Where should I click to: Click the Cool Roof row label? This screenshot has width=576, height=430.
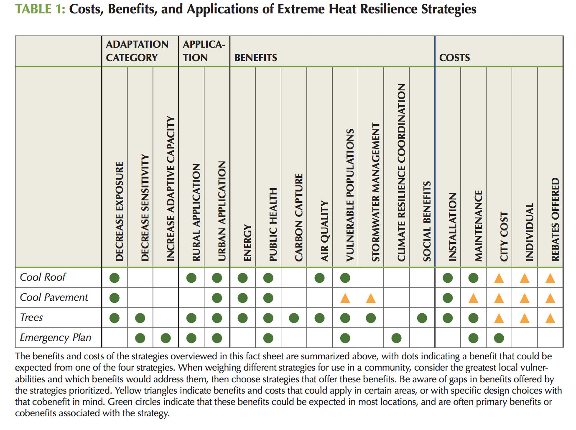pos(43,277)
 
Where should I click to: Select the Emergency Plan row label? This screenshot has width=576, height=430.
pos(55,338)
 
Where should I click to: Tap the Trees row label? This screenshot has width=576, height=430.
pos(31,317)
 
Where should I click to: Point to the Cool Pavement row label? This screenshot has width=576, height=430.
pos(54,297)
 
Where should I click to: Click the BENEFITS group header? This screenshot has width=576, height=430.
pos(255,57)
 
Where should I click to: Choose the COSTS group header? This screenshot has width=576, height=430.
pos(454,57)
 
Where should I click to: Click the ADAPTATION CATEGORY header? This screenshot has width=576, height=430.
pos(137,51)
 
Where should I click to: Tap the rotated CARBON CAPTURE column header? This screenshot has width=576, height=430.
pos(298,218)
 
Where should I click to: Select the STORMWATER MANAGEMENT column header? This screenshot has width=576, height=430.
pos(376,192)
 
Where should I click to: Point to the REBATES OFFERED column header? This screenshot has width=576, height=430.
pos(555,220)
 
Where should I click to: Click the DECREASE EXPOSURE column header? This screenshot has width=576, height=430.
pos(120,212)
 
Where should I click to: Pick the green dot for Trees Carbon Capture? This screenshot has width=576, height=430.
pos(293,318)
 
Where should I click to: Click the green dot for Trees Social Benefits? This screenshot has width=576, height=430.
pos(422,318)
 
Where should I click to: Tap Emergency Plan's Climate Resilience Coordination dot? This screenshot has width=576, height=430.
pos(396,338)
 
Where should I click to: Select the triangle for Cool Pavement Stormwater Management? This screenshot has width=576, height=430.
pos(370,299)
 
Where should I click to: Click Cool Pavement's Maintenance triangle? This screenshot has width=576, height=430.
pos(473,299)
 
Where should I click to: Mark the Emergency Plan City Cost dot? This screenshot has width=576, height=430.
pos(499,338)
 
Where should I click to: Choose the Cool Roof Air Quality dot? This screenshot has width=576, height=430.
pos(319,278)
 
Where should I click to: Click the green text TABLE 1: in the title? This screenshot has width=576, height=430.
pos(40,9)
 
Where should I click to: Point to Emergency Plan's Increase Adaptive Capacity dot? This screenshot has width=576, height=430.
pos(166,338)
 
